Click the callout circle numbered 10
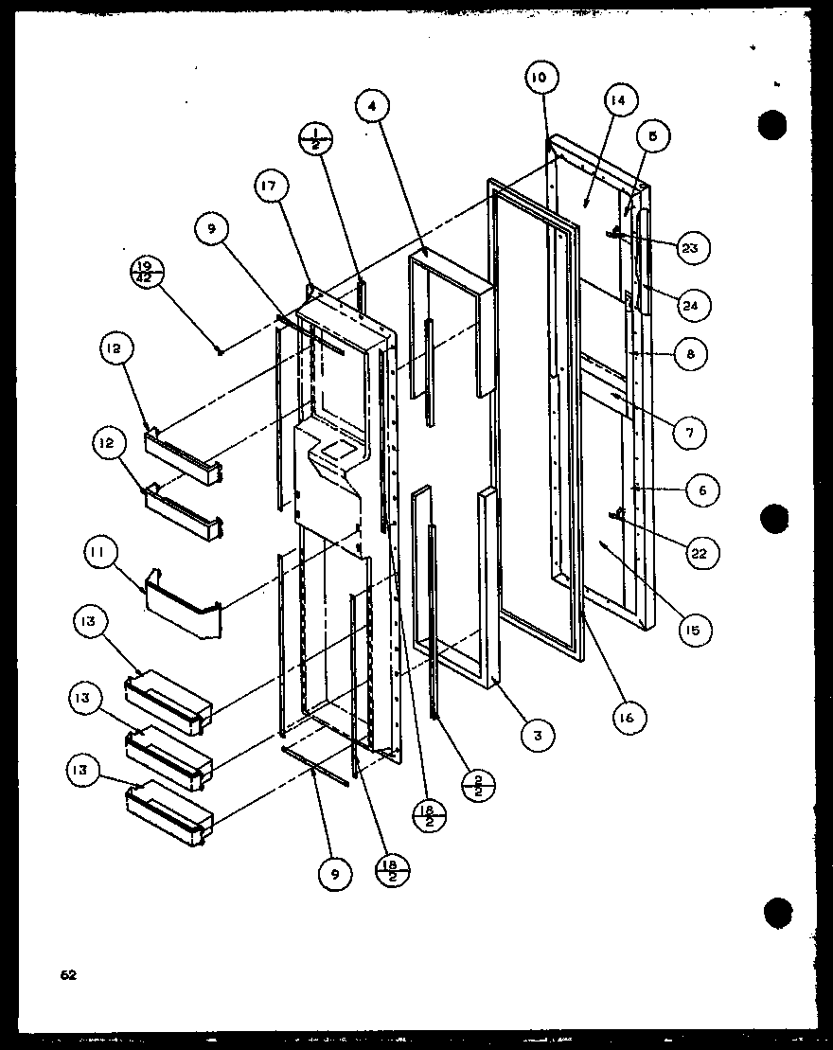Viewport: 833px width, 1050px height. click(x=539, y=79)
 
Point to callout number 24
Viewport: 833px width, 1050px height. click(x=695, y=305)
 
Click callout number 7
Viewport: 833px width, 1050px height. click(x=689, y=433)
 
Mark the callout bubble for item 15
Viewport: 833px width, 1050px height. click(x=694, y=628)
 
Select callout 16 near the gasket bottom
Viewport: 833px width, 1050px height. click(x=628, y=718)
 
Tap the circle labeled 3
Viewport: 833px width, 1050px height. click(x=537, y=734)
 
